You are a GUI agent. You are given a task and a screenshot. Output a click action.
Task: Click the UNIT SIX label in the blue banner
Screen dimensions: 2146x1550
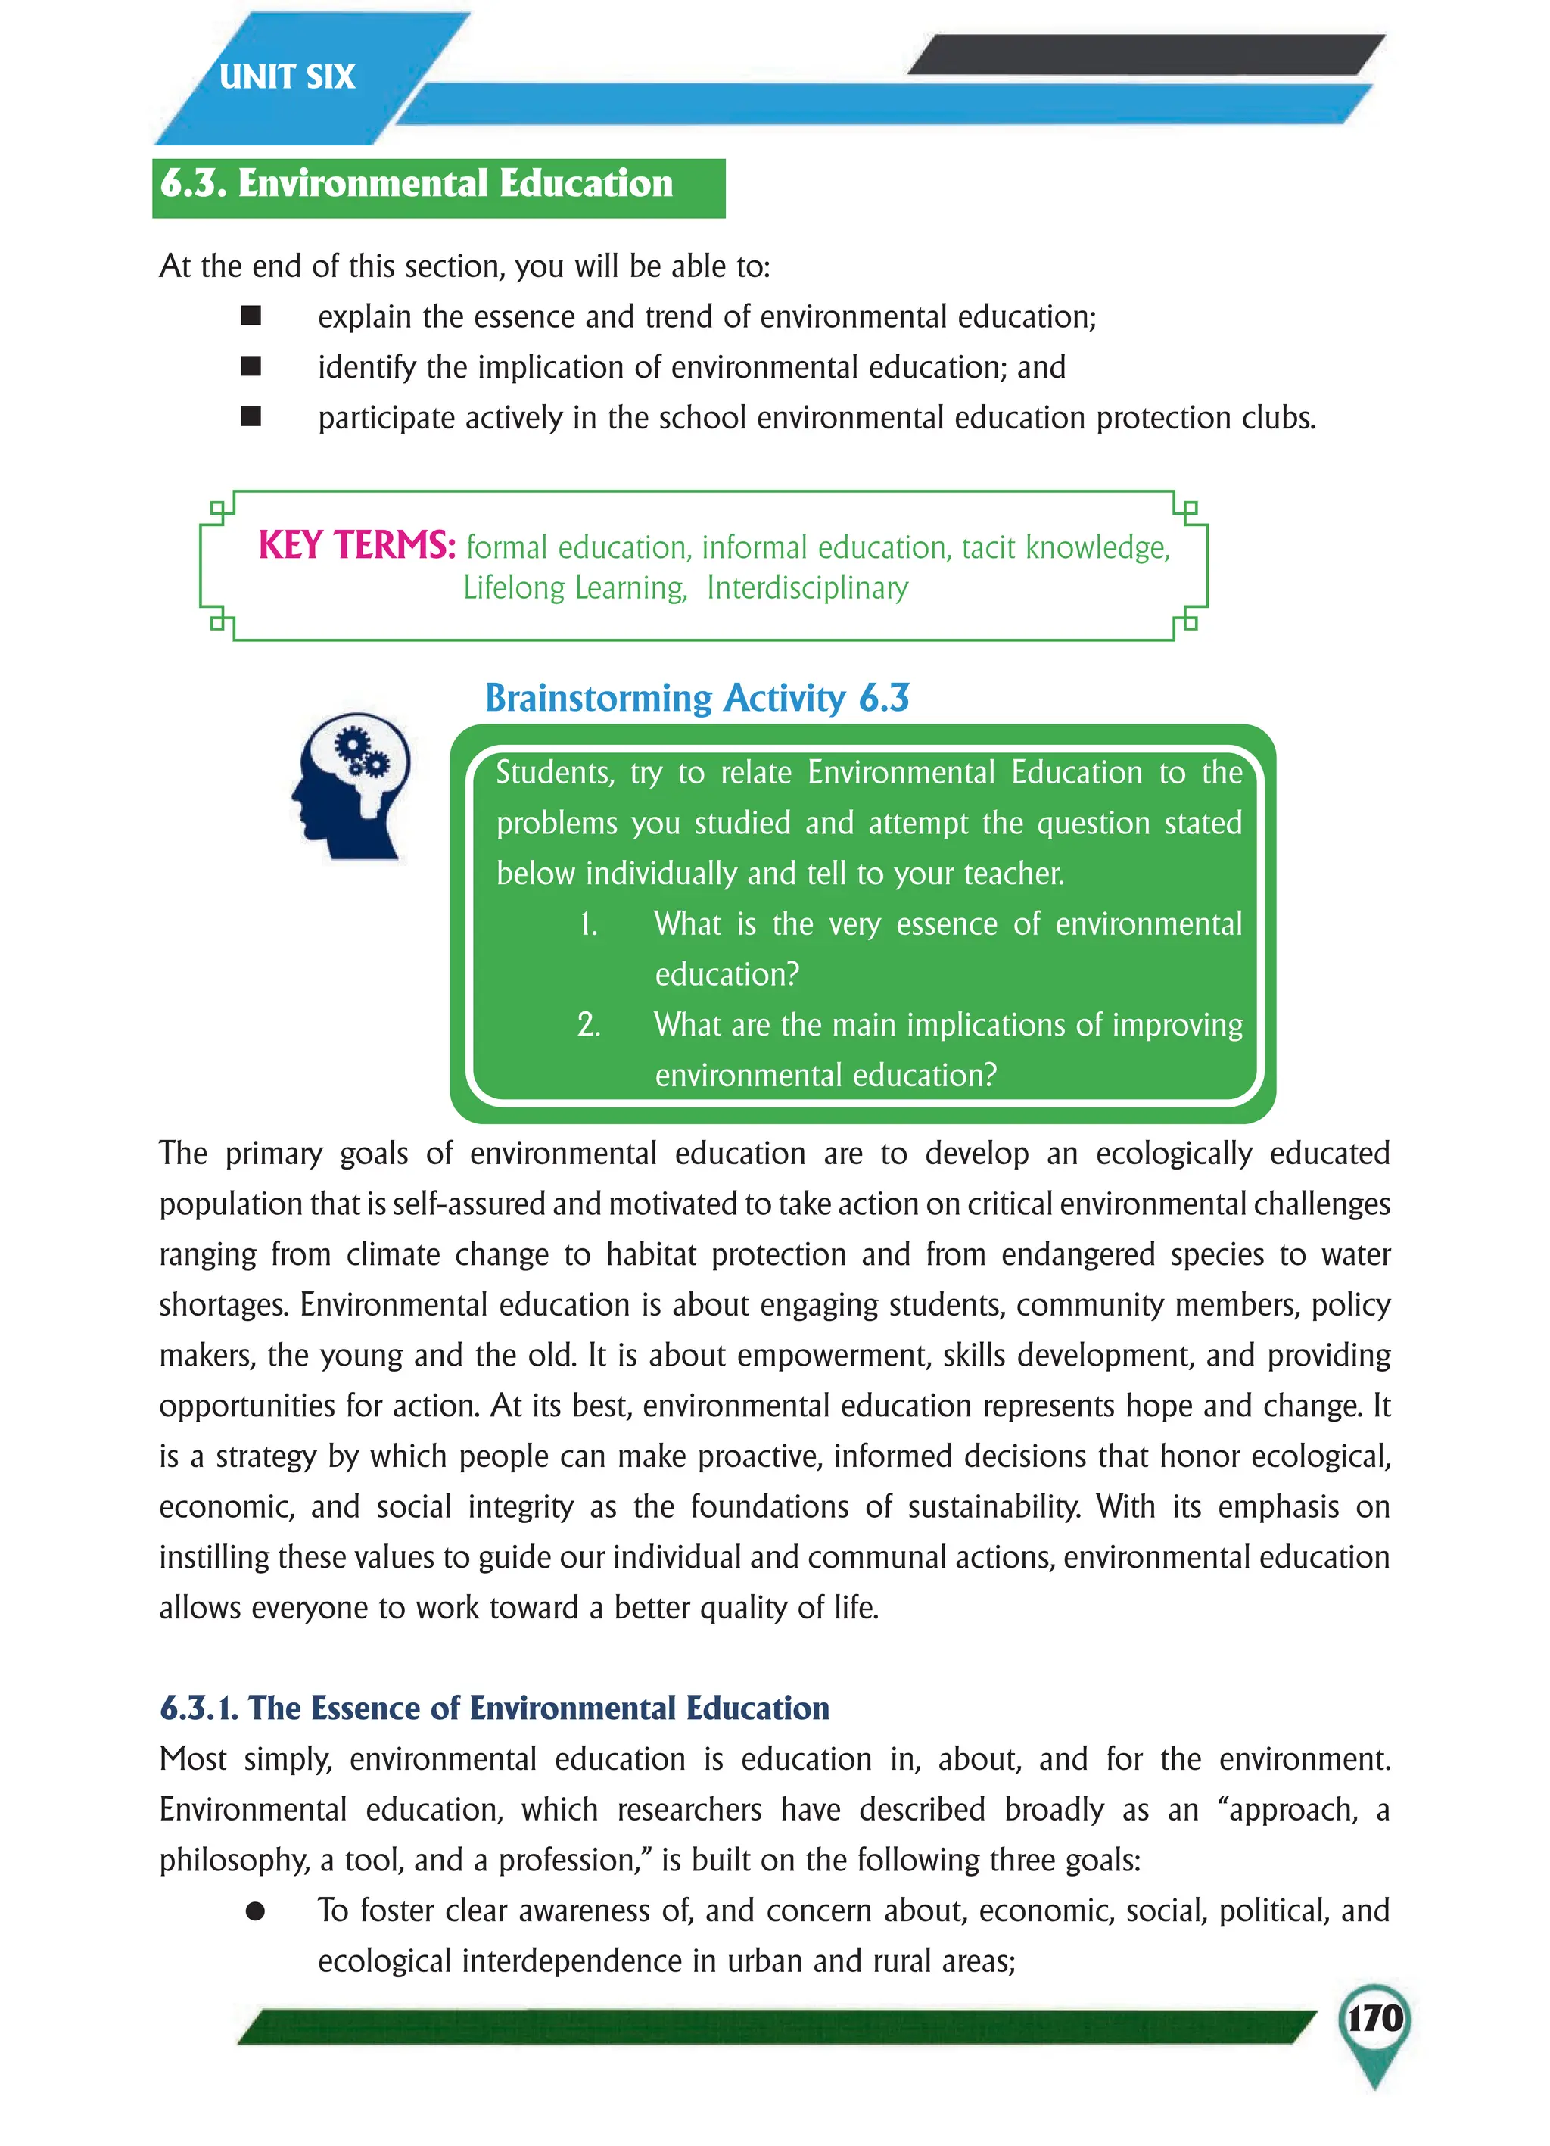(287, 76)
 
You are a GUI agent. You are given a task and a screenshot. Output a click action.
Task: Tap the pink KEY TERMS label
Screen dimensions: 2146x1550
(356, 546)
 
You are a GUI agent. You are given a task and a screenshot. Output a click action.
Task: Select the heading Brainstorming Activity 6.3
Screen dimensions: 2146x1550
(696, 698)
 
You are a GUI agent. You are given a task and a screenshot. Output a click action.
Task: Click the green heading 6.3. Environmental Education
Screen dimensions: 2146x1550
(416, 183)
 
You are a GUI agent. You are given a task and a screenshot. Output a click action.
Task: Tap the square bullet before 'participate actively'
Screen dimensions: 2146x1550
(251, 417)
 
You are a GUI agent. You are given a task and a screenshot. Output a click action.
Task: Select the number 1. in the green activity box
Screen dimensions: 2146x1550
(589, 924)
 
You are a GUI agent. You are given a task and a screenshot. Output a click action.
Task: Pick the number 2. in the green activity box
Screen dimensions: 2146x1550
(589, 1025)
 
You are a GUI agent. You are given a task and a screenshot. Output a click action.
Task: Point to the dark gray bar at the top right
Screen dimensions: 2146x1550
(1145, 55)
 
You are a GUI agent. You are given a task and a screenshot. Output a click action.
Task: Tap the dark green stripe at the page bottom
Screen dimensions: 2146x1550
(776, 2027)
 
